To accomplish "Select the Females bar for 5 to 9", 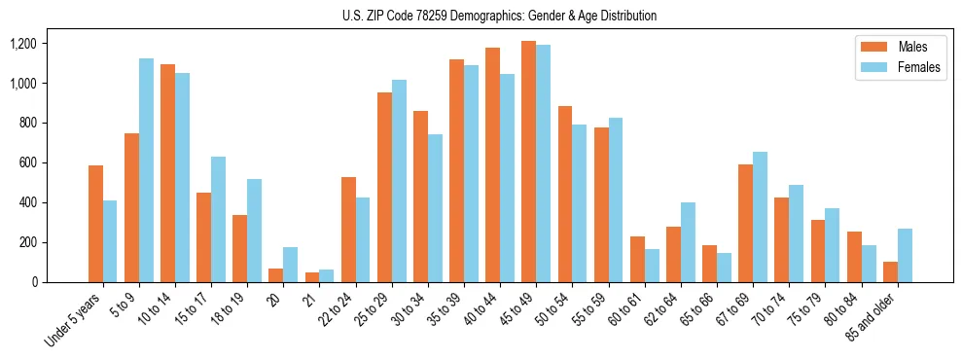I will [x=146, y=170].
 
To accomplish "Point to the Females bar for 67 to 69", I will [x=760, y=217].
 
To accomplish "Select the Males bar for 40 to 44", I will [x=492, y=164].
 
